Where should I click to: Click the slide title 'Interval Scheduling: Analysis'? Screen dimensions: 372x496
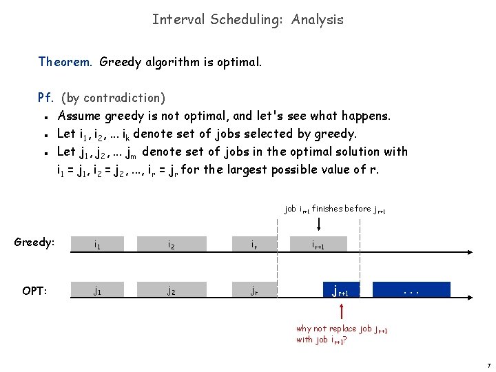pos(247,19)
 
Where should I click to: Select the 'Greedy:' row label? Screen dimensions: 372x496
pos(34,242)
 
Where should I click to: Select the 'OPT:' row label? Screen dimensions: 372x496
pos(34,291)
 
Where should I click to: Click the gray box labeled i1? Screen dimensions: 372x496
pos(99,245)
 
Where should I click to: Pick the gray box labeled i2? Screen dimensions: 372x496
pos(172,245)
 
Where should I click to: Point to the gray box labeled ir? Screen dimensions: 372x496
pos(255,245)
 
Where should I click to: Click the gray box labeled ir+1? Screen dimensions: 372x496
pos(319,245)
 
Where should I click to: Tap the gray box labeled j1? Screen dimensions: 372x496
pos(99,290)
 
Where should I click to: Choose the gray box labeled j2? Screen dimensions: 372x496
pos(172,290)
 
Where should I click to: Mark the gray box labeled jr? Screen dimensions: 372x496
pos(255,290)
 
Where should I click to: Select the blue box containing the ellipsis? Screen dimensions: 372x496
pos(411,289)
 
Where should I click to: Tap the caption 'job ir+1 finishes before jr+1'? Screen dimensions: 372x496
pos(335,209)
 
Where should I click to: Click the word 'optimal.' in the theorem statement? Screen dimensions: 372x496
pos(241,62)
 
